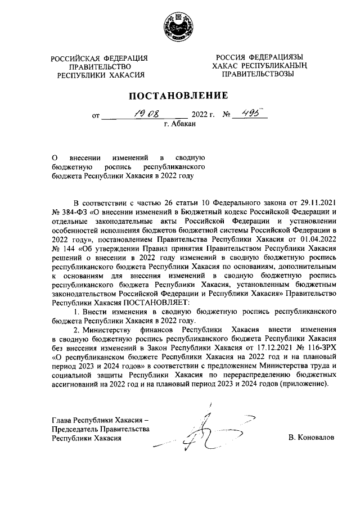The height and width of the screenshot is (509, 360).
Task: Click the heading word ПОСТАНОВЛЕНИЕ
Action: tap(180, 95)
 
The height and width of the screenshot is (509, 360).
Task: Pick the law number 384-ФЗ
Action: tap(70, 212)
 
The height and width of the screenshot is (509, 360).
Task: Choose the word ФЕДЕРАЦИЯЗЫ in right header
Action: tap(274, 57)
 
